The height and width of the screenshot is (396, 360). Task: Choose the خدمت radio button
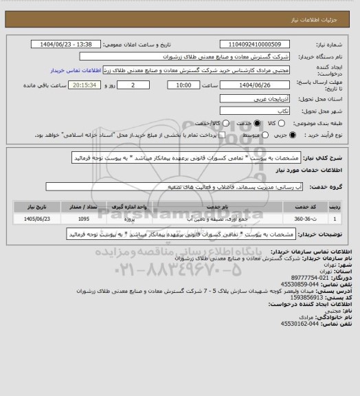pyautogui.click(x=258, y=123)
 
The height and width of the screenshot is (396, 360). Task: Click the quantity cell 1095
pyautogui.click(x=83, y=219)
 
